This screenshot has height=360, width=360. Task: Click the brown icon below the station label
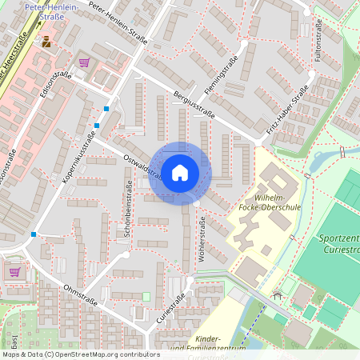coord(46,39)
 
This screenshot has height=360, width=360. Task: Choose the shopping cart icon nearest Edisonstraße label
coord(84,62)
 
